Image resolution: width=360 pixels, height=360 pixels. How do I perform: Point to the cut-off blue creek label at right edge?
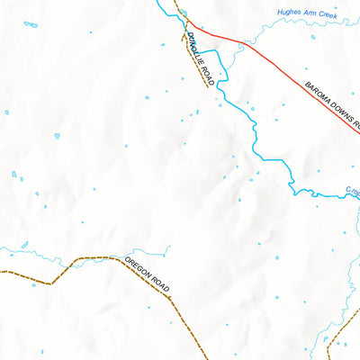click(x=352, y=191)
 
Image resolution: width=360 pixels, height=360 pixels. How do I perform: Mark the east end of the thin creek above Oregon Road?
click(x=169, y=246)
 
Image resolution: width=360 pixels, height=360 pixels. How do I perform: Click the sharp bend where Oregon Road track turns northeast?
click(x=51, y=282)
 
